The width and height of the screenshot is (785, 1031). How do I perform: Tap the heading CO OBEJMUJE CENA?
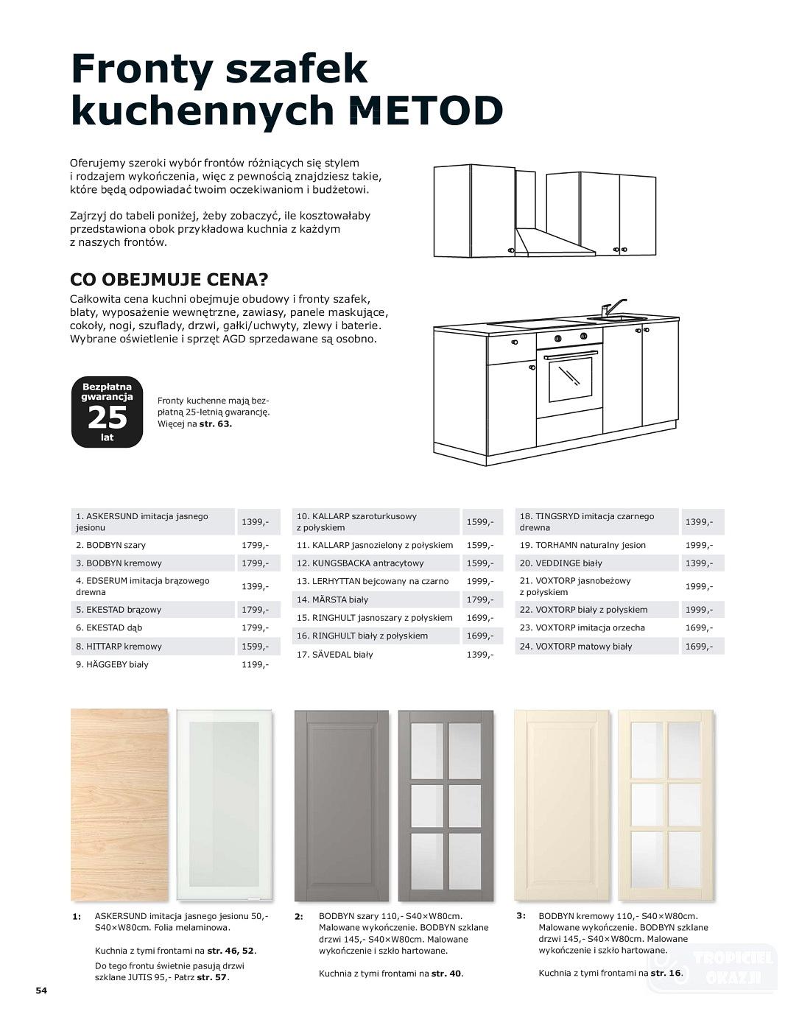[169, 281]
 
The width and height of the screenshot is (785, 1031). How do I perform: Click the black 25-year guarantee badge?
[107, 412]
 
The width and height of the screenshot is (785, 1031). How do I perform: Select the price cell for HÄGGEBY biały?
[255, 664]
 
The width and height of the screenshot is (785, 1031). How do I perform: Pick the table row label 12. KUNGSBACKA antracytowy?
[360, 563]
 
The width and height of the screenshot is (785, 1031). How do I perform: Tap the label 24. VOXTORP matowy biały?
[575, 647]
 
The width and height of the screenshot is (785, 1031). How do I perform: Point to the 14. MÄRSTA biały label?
[332, 600]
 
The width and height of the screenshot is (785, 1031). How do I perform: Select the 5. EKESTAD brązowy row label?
[119, 610]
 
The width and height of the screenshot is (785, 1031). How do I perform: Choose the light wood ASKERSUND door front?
[119, 805]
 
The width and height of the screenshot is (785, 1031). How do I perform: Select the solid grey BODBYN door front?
[341, 805]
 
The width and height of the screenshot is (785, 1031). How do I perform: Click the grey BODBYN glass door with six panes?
[446, 805]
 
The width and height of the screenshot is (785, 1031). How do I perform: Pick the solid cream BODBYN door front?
[561, 805]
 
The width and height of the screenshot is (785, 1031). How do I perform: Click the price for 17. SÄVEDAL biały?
[479, 655]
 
